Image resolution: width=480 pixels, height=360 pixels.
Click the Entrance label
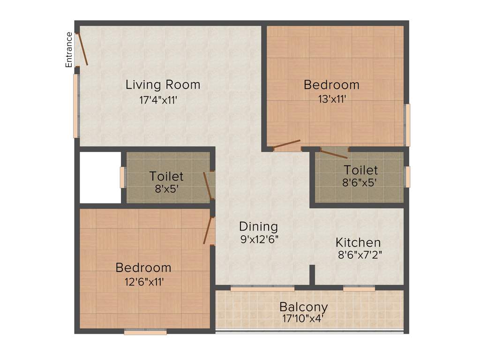point(69,50)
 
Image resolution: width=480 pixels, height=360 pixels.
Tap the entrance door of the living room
point(82,48)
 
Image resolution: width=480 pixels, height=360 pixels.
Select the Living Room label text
point(163,85)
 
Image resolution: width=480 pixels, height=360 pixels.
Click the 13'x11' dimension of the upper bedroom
point(331,99)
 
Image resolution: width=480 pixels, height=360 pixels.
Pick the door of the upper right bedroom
point(286,144)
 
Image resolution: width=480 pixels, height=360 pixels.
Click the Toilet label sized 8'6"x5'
point(360,169)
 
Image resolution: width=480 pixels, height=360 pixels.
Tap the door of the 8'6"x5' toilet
point(334,153)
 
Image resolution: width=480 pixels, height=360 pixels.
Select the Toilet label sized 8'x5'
point(166,176)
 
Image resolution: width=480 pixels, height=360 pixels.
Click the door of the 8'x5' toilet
point(207,186)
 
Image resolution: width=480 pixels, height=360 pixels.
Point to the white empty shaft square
point(100,177)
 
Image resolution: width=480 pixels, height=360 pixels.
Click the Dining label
point(258,226)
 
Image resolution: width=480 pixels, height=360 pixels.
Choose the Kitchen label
point(358,243)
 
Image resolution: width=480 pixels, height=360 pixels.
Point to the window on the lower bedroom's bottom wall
point(145,332)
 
